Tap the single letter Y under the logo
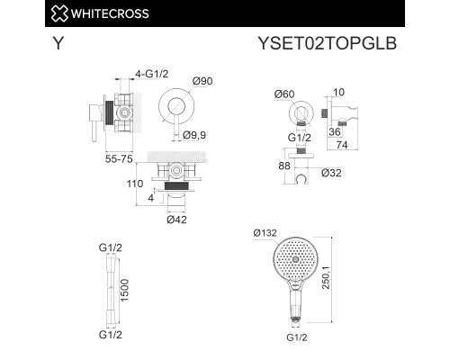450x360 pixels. point(58,43)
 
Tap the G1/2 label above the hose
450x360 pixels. point(111,245)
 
